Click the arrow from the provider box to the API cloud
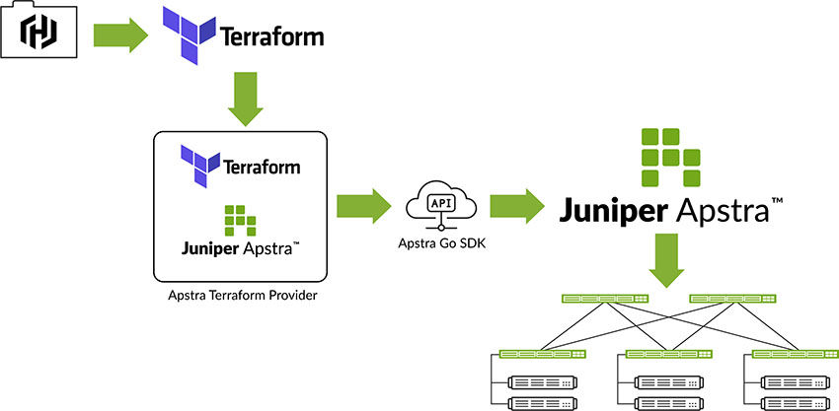click(362, 206)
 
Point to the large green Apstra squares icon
click(668, 157)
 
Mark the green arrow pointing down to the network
click(668, 261)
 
